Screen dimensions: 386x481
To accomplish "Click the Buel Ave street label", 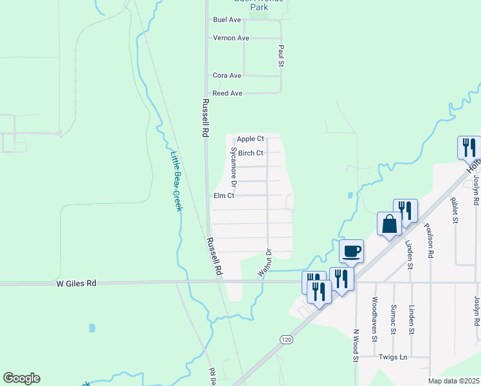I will (x=226, y=20).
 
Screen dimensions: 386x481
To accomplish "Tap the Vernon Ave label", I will (x=231, y=38).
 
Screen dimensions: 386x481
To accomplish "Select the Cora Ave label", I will (x=227, y=76).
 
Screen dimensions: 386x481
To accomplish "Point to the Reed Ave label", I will (x=227, y=93).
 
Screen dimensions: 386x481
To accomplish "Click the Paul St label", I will (x=281, y=56).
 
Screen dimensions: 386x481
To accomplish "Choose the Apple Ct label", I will (x=250, y=139).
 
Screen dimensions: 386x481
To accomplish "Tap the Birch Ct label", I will (x=251, y=153).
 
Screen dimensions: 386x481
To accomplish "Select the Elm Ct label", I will (x=224, y=196).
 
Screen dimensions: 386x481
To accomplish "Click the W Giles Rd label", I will (x=76, y=282).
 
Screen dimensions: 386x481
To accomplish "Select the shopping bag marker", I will (x=389, y=225).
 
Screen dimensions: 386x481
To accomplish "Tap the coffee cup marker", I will (x=351, y=252).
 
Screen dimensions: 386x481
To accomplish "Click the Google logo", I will (x=21, y=378).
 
